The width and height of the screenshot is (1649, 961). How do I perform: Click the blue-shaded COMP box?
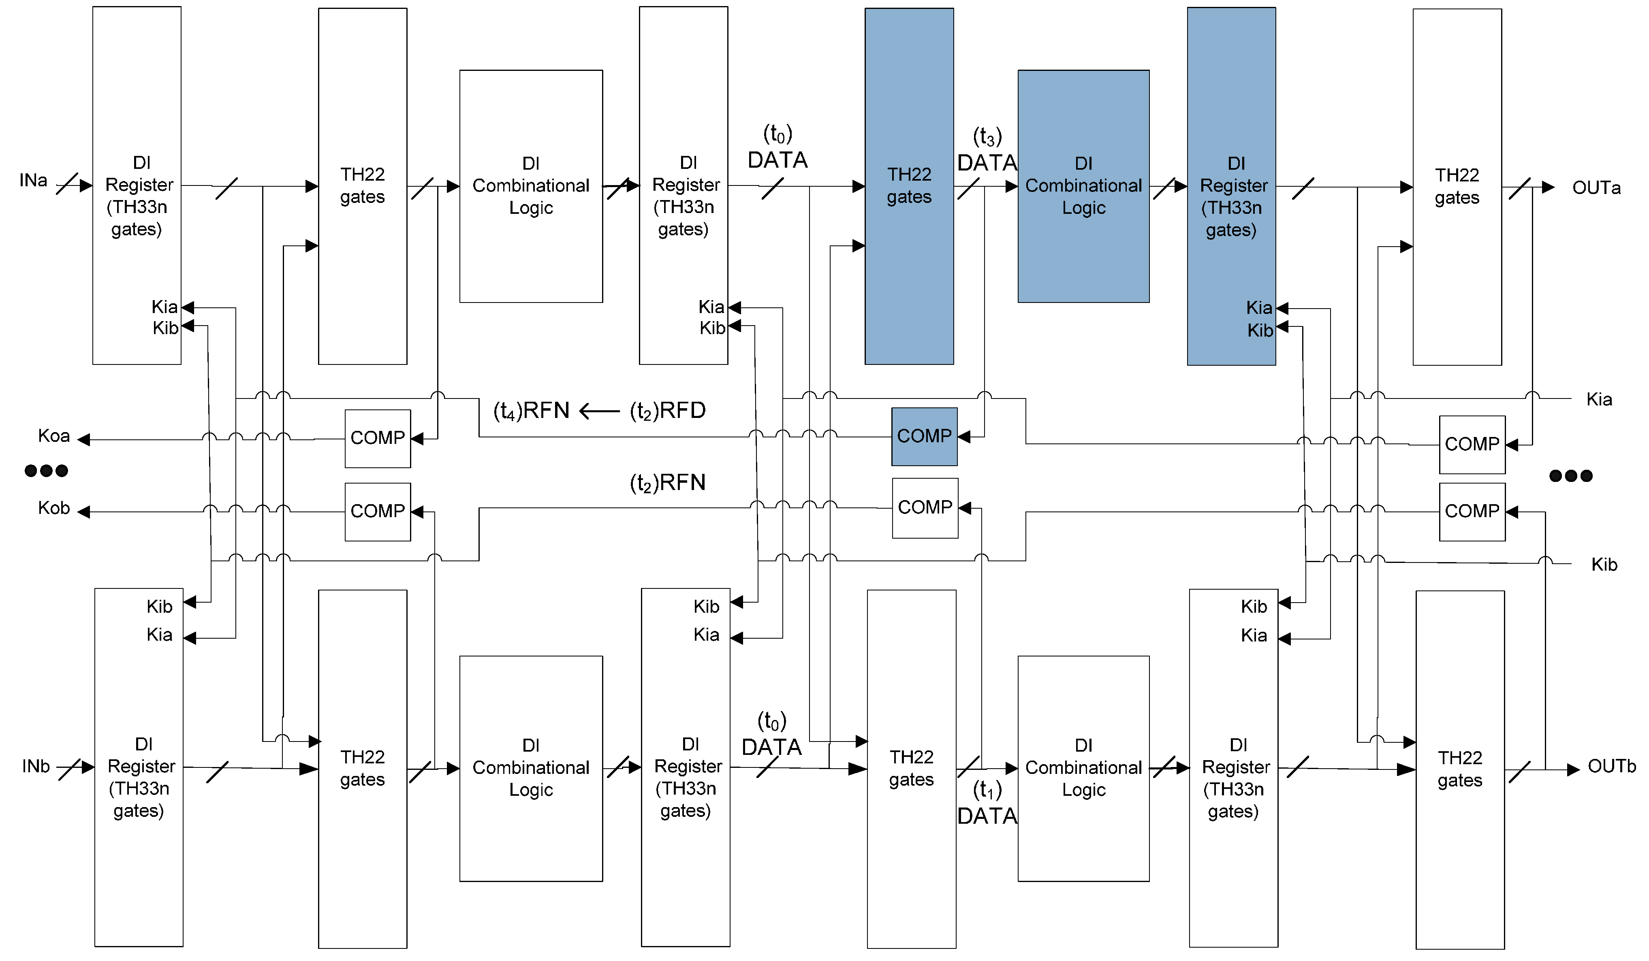tap(924, 436)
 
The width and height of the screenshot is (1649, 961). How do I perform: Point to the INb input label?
tap(36, 766)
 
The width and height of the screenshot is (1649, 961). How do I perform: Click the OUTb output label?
tap(1611, 766)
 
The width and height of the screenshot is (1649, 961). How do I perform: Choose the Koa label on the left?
tap(53, 436)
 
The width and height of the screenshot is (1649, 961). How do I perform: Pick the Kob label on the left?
tap(53, 508)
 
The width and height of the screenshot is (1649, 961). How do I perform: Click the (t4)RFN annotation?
tap(531, 411)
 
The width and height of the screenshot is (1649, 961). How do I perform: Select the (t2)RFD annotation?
tap(667, 411)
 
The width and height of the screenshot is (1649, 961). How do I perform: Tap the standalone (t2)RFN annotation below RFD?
tap(667, 483)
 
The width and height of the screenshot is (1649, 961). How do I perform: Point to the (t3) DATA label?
tap(987, 151)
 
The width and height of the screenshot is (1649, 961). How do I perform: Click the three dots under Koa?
tap(46, 470)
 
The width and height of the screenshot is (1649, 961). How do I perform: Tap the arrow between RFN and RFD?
tap(599, 411)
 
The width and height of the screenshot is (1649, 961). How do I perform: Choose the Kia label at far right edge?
tap(1599, 400)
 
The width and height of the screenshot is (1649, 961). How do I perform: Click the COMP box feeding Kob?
tap(378, 511)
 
